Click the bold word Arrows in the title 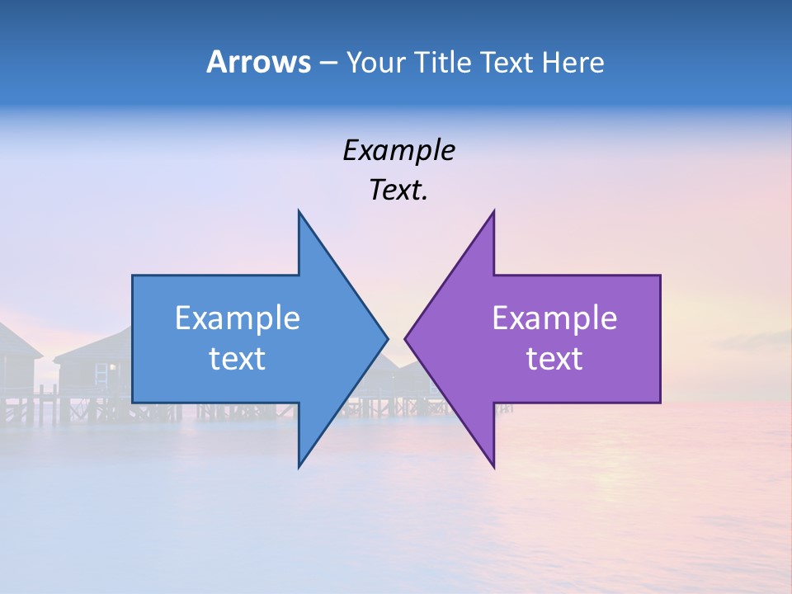pos(258,62)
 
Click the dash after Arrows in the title pos(328,64)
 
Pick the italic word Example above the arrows pos(398,150)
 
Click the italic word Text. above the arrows pos(398,191)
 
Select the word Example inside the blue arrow pos(238,318)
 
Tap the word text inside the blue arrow pos(238,359)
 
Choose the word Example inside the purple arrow pos(554,318)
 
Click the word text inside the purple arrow pos(554,359)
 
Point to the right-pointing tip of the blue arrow pos(388,338)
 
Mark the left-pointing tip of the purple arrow pos(405,338)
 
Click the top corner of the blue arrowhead pos(299,211)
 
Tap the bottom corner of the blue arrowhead pos(299,467)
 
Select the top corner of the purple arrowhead pos(493,211)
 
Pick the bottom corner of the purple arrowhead pos(493,467)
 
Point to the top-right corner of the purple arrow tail pos(660,276)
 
